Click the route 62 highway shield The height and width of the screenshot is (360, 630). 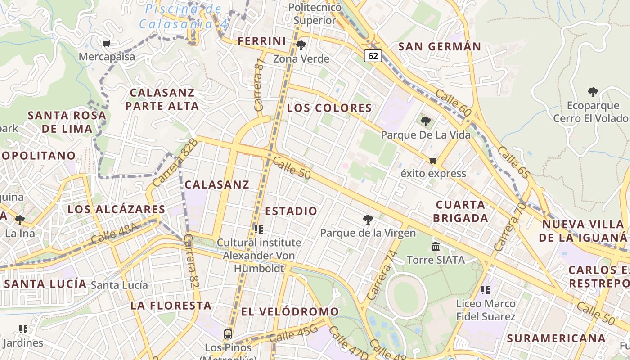coord(373,56)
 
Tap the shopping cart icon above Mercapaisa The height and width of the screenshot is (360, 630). coord(107,44)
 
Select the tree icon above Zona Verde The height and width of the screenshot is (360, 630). coord(301,45)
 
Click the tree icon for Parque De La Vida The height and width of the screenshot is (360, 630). coord(425,121)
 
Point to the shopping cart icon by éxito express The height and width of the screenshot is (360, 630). coord(433,160)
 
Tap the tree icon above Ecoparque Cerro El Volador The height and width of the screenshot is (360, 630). coord(593,92)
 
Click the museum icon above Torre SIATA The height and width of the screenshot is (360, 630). coord(436,246)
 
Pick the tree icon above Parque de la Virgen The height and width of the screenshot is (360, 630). coord(368,220)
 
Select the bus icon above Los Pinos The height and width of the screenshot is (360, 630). coord(228,334)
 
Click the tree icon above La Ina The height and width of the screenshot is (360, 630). coord(20,220)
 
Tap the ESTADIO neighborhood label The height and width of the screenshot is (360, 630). coord(291,211)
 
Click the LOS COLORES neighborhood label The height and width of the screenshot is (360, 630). coord(329,108)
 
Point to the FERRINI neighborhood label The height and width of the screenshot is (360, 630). coord(262,41)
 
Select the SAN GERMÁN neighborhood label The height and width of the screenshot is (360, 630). coord(440,46)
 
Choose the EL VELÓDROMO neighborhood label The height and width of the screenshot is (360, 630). coord(290,311)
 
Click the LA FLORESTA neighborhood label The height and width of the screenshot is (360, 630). coord(171,306)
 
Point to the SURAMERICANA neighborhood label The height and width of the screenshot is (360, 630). coord(556,338)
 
